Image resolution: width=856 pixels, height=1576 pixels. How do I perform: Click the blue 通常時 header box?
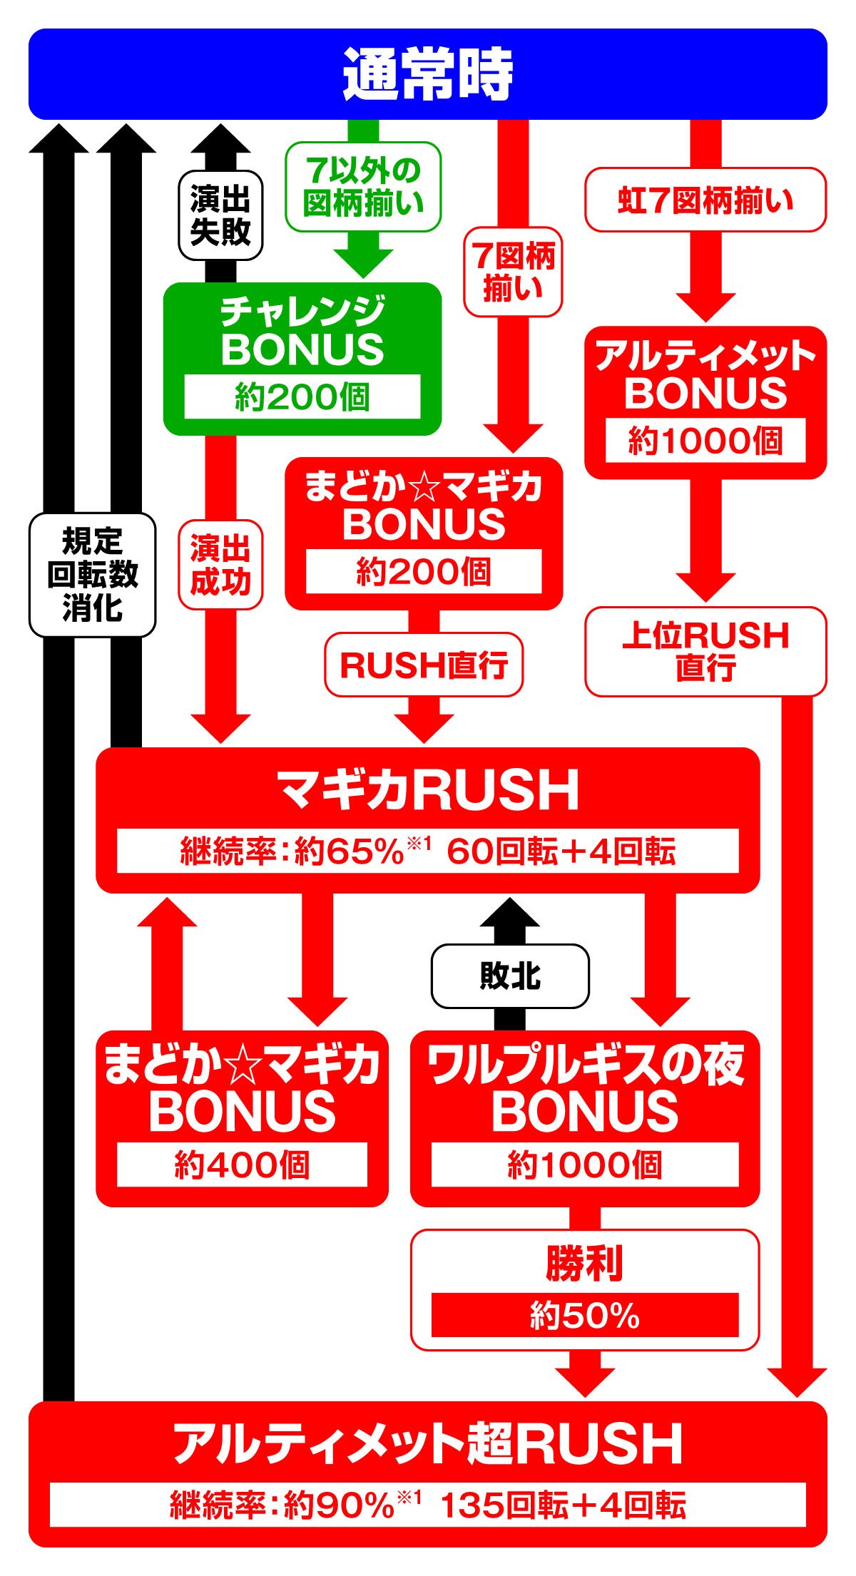point(428,74)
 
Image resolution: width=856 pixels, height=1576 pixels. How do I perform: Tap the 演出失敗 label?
point(220,216)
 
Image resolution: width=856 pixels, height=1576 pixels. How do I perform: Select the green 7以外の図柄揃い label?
point(363,187)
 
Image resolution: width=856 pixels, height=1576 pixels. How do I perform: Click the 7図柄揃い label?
point(513,272)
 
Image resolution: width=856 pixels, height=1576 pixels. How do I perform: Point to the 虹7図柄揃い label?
point(705,200)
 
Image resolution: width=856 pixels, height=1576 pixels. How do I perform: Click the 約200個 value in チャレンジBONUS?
point(302,397)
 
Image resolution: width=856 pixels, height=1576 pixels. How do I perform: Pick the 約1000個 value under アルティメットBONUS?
point(705,441)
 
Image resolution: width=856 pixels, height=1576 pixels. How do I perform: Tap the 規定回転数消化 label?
point(92,575)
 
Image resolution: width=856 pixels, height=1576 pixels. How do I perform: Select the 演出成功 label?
point(220,565)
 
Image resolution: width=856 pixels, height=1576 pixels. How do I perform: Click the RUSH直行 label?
point(424,665)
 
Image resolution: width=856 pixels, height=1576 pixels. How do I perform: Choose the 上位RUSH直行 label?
point(705,651)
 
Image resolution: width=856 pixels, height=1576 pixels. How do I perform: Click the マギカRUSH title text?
point(428,790)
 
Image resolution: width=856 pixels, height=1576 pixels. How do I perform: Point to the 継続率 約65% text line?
point(428,851)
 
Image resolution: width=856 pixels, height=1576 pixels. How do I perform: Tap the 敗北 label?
point(510,976)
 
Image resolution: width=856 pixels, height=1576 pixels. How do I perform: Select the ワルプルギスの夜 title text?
point(585,1064)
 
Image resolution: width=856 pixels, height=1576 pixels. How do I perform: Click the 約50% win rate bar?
point(585,1315)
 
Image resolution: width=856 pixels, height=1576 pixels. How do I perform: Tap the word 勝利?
point(585,1263)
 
